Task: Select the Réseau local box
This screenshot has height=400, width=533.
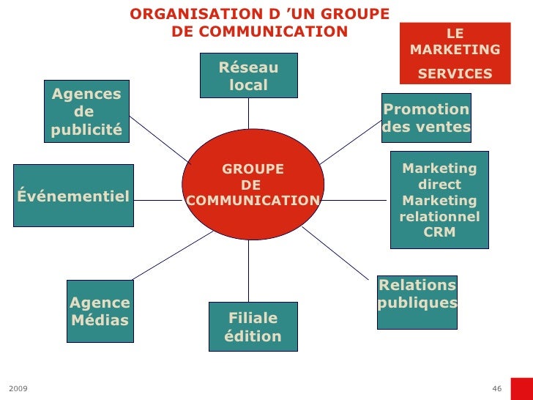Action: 248,75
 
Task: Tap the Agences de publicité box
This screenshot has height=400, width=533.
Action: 86,111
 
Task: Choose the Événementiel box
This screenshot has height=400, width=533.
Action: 73,196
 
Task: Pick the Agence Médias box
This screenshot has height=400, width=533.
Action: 100,311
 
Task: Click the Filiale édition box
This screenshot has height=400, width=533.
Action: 253,327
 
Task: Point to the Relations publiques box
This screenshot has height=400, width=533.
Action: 417,294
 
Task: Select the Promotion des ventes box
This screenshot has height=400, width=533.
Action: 426,118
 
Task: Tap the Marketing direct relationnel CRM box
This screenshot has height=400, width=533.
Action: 439,200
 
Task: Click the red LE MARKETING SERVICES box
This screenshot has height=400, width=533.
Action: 455,53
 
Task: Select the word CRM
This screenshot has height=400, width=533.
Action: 439,233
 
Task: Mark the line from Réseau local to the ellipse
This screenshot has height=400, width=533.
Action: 248,113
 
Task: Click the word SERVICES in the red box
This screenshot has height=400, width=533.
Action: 455,74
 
